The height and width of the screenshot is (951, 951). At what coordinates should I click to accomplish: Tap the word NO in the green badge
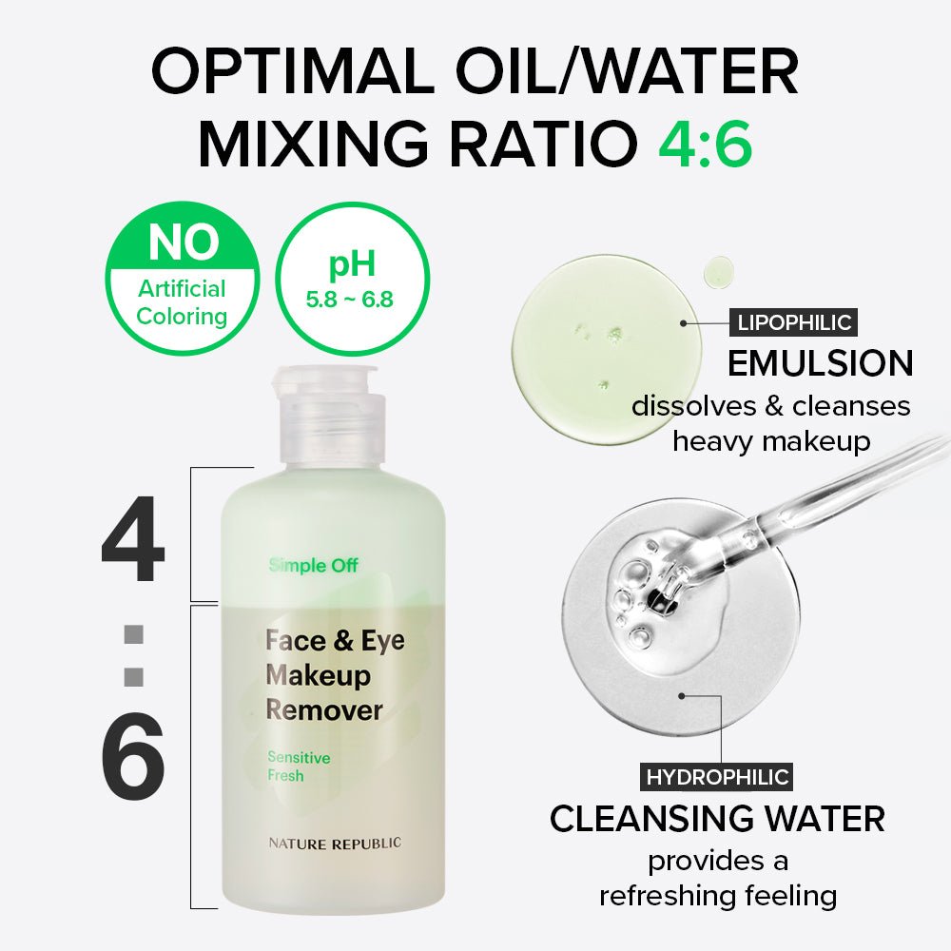(182, 244)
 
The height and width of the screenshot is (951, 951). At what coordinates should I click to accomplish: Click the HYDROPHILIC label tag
(717, 777)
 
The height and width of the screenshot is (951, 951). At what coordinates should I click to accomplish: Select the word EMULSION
(820, 364)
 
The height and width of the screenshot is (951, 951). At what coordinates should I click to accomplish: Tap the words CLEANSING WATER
(717, 819)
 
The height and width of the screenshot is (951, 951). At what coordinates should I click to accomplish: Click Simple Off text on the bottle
(313, 566)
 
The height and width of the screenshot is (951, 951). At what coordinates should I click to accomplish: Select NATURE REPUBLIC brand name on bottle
(333, 843)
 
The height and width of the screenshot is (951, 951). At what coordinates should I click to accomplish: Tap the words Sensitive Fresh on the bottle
(298, 767)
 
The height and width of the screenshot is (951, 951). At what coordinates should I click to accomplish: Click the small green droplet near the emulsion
(717, 272)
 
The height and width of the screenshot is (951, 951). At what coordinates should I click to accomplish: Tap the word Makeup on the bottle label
(318, 675)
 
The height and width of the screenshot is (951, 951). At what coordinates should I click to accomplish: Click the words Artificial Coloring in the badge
(182, 302)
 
